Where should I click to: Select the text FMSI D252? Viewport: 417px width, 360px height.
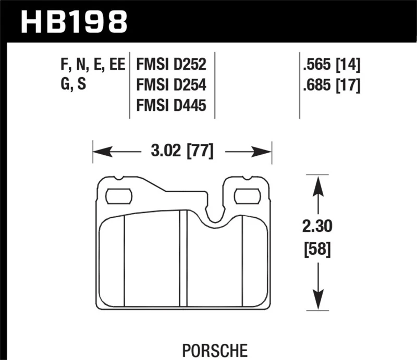(171, 65)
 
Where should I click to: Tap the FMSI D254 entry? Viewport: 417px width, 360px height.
(171, 85)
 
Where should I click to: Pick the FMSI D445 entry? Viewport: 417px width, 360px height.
(171, 106)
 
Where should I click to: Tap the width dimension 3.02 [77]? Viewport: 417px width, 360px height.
(182, 152)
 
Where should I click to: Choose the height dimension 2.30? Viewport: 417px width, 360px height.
(316, 227)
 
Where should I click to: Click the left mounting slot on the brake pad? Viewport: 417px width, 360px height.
(119, 196)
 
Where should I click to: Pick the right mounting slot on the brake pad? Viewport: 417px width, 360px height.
(248, 196)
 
